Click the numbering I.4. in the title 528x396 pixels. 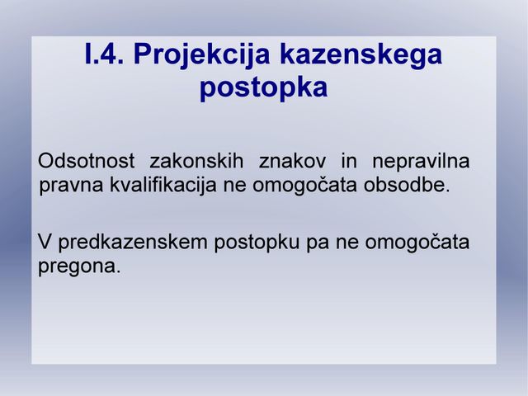(x=105, y=54)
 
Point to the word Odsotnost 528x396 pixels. (x=86, y=161)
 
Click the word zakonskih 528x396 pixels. (x=196, y=161)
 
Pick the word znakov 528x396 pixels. (x=292, y=161)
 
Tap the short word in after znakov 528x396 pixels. (x=349, y=161)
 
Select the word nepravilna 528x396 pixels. (x=421, y=162)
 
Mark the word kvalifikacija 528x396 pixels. (x=163, y=185)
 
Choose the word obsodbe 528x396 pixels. (x=407, y=185)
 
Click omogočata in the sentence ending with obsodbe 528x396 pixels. (x=304, y=186)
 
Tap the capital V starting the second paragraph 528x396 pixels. (x=45, y=242)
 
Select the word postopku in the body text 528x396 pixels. (x=257, y=243)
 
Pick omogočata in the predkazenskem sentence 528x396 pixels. (x=417, y=243)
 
